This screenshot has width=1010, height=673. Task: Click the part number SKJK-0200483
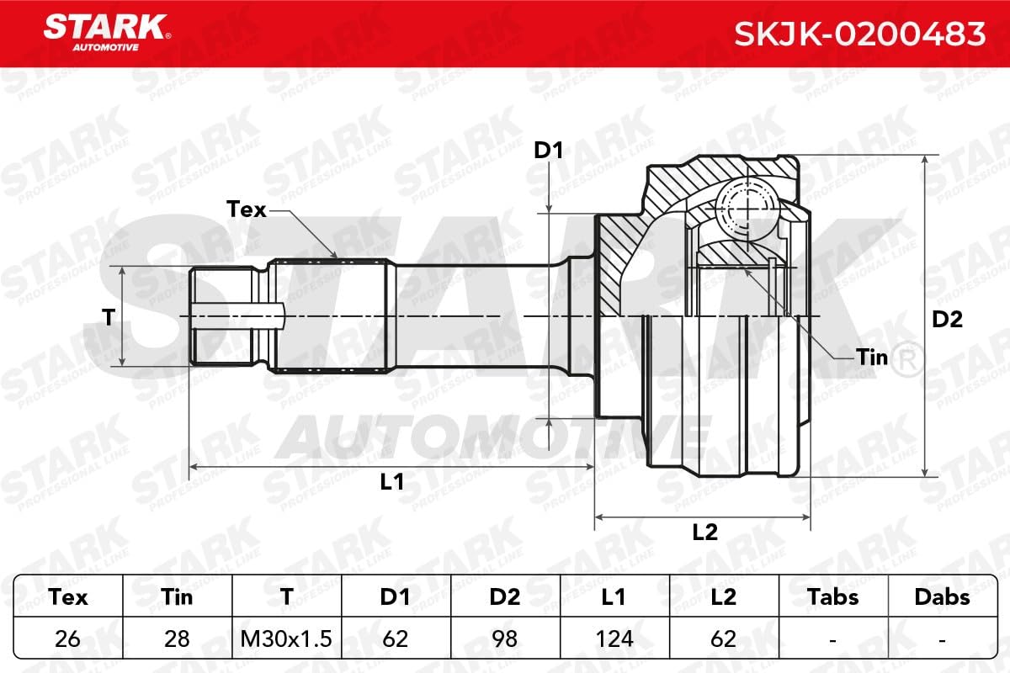pos(859,34)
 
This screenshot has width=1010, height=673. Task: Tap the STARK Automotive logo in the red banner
pos(107,33)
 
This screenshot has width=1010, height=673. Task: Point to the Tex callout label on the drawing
pos(246,209)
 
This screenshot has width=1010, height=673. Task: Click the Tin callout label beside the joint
pos(872,358)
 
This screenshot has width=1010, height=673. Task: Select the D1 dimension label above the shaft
pos(548,150)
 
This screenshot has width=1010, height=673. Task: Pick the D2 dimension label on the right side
pos(948,319)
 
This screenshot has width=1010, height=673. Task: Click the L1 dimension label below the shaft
pos(392,482)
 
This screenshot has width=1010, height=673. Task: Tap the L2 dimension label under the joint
pos(704,532)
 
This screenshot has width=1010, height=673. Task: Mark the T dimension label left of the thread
pos(109,317)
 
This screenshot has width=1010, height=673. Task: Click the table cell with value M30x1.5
pos(286,639)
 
